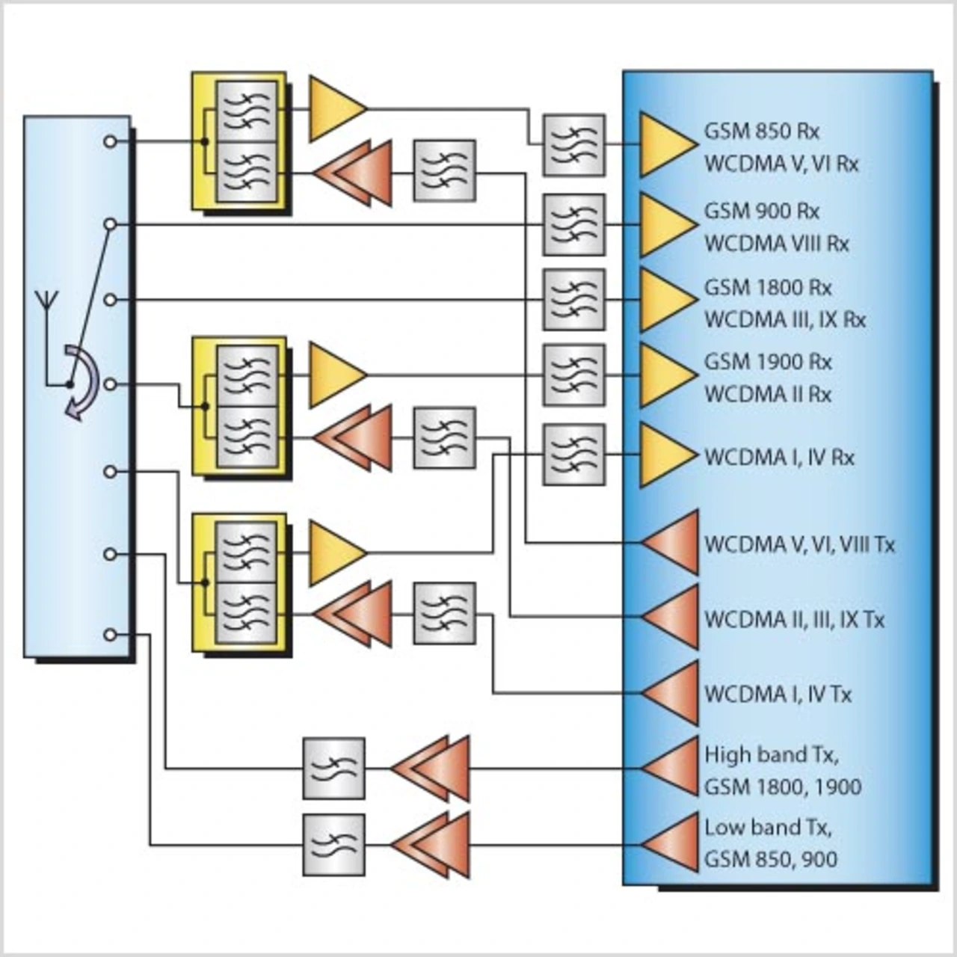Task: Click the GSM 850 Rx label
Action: (761, 132)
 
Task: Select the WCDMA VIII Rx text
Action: (776, 244)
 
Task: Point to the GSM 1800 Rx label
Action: (767, 288)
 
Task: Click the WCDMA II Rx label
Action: (767, 394)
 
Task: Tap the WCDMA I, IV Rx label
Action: (778, 457)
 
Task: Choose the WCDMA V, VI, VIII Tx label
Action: (798, 544)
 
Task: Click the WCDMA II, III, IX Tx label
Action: (794, 620)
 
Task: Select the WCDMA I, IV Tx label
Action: (778, 695)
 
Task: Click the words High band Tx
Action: (771, 754)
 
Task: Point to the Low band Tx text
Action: (768, 828)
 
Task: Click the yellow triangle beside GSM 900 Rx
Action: (665, 225)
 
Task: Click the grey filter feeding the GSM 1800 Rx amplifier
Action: (573, 300)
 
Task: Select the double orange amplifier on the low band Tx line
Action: (431, 845)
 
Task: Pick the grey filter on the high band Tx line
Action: (334, 768)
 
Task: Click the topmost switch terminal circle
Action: (110, 141)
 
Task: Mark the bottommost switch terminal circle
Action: (110, 635)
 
